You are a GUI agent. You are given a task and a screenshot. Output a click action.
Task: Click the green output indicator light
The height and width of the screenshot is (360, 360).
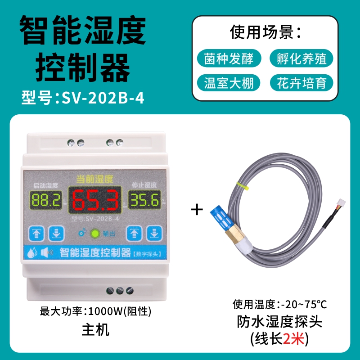(95, 234)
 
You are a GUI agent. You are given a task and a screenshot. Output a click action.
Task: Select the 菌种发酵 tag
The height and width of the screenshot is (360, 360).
(229, 58)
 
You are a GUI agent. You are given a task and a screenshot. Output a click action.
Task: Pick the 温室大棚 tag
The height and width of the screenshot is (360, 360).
(229, 83)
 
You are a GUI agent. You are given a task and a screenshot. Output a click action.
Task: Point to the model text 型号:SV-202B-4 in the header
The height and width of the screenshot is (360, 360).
(83, 98)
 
